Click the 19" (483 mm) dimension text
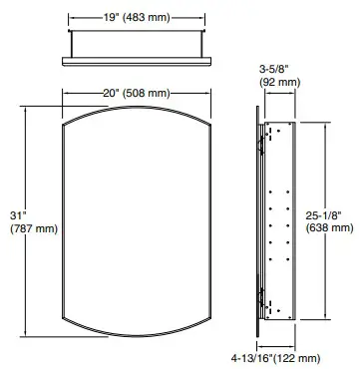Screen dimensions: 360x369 click(137, 18)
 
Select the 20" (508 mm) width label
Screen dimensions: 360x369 click(137, 94)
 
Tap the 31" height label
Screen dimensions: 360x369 click(18, 215)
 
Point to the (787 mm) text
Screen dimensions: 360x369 click(34, 228)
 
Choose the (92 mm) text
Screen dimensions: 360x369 click(279, 82)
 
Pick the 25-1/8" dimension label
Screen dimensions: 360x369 click(324, 215)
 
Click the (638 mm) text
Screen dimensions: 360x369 click(329, 228)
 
